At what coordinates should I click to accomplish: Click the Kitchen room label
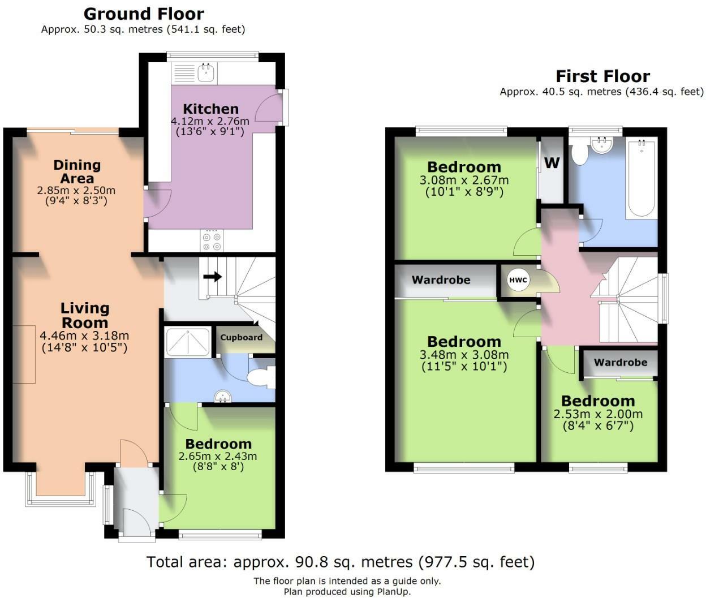[x=211, y=109]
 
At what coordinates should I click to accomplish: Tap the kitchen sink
[x=206, y=72]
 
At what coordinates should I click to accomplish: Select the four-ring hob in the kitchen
[x=212, y=241]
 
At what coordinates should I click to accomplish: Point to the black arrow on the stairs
[x=213, y=277]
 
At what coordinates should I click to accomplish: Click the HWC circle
[x=518, y=280]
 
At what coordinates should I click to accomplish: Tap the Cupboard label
[x=241, y=337]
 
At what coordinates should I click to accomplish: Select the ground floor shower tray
[x=187, y=342]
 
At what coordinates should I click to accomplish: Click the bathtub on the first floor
[x=641, y=178]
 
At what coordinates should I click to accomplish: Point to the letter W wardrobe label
[x=552, y=163]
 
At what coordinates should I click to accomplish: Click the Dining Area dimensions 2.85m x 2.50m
[x=76, y=190]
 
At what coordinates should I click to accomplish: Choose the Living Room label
[x=85, y=315]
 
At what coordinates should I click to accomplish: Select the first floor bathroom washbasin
[x=602, y=145]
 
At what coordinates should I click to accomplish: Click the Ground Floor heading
[x=144, y=14]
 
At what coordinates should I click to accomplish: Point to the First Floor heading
[x=603, y=76]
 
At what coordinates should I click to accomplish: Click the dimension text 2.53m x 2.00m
[x=598, y=414]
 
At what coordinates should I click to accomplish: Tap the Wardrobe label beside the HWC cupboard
[x=441, y=280]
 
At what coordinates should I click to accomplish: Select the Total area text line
[x=341, y=562]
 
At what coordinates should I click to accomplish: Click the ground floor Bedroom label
[x=218, y=444]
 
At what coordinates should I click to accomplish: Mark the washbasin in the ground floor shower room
[x=223, y=397]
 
